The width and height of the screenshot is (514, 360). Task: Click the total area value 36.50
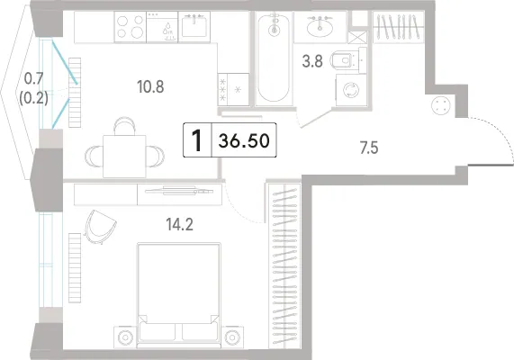point(244,140)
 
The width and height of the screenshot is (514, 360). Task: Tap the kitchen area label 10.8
point(150,87)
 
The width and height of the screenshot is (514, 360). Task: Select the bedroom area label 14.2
point(180,225)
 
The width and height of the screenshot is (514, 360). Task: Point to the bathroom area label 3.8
point(312,61)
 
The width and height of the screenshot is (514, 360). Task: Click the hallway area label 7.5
point(369,148)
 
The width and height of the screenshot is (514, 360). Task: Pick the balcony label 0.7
point(34,78)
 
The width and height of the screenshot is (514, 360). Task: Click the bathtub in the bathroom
point(274,58)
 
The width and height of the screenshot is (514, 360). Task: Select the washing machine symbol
point(351,90)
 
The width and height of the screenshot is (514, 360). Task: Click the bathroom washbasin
point(320,27)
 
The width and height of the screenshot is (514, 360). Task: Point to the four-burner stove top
point(131,27)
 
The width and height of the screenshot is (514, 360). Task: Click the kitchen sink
point(194,27)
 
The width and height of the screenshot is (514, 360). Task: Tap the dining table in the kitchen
point(124,156)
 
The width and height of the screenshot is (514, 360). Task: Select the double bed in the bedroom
point(179,295)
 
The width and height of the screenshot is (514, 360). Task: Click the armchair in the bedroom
point(100,227)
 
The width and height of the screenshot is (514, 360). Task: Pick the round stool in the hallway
point(441,106)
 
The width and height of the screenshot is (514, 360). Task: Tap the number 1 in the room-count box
point(197,140)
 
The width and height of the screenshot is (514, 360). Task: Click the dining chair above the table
point(124,126)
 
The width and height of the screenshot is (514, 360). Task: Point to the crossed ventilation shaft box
point(357,38)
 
